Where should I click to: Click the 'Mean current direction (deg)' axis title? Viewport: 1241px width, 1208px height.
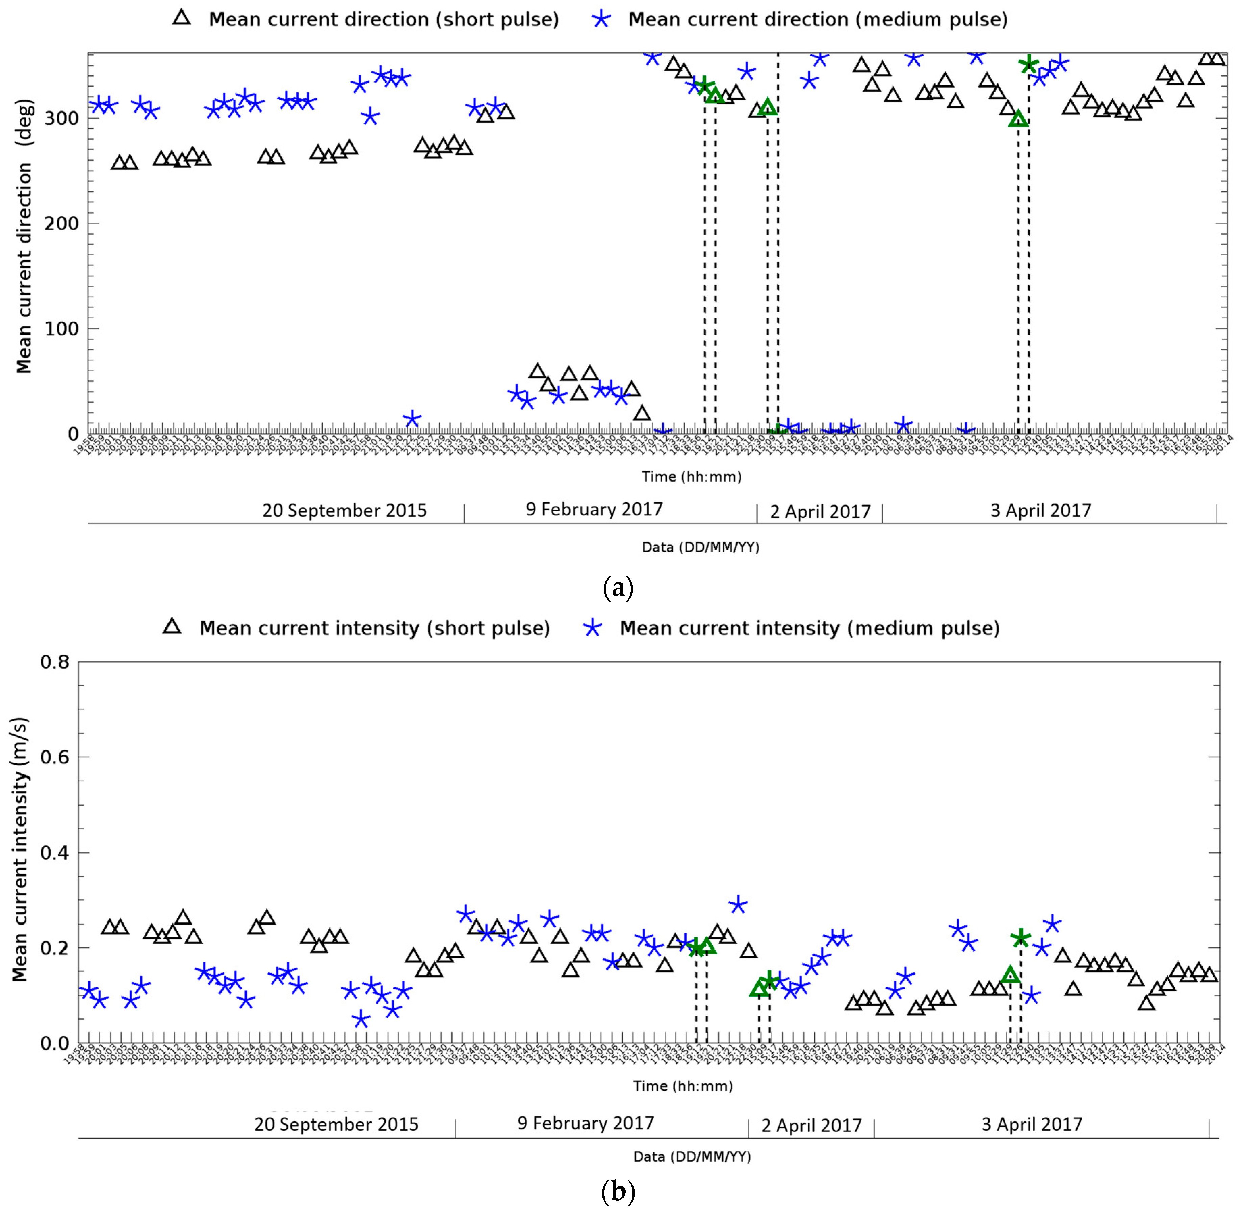(x=24, y=236)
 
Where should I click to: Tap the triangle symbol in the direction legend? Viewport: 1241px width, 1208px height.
(x=182, y=18)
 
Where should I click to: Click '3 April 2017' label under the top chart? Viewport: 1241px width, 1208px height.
(x=1041, y=511)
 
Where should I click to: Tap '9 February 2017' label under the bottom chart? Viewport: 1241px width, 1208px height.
(x=585, y=1123)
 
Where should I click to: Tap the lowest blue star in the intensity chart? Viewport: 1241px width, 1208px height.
(x=361, y=1019)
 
